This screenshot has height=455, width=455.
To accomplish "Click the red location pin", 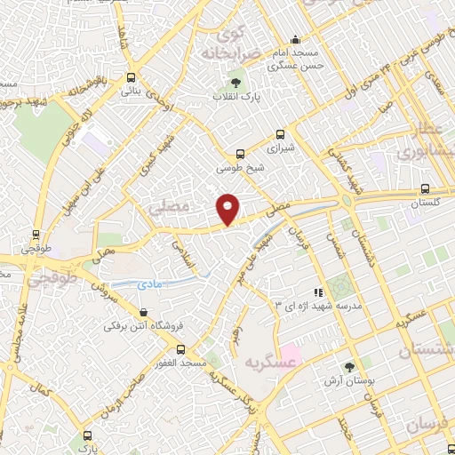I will (x=228, y=208).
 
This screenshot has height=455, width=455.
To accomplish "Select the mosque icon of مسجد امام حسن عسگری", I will (x=295, y=39).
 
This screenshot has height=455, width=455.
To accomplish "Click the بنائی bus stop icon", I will (x=132, y=77).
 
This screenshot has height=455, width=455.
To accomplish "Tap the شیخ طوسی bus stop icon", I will (x=238, y=153).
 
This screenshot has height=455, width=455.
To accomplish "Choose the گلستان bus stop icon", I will (x=425, y=188).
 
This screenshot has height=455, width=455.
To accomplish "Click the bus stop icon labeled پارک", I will (x=86, y=435).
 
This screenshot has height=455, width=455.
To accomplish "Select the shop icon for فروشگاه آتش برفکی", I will (x=144, y=312).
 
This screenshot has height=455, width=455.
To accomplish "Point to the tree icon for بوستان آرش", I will (x=348, y=366).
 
